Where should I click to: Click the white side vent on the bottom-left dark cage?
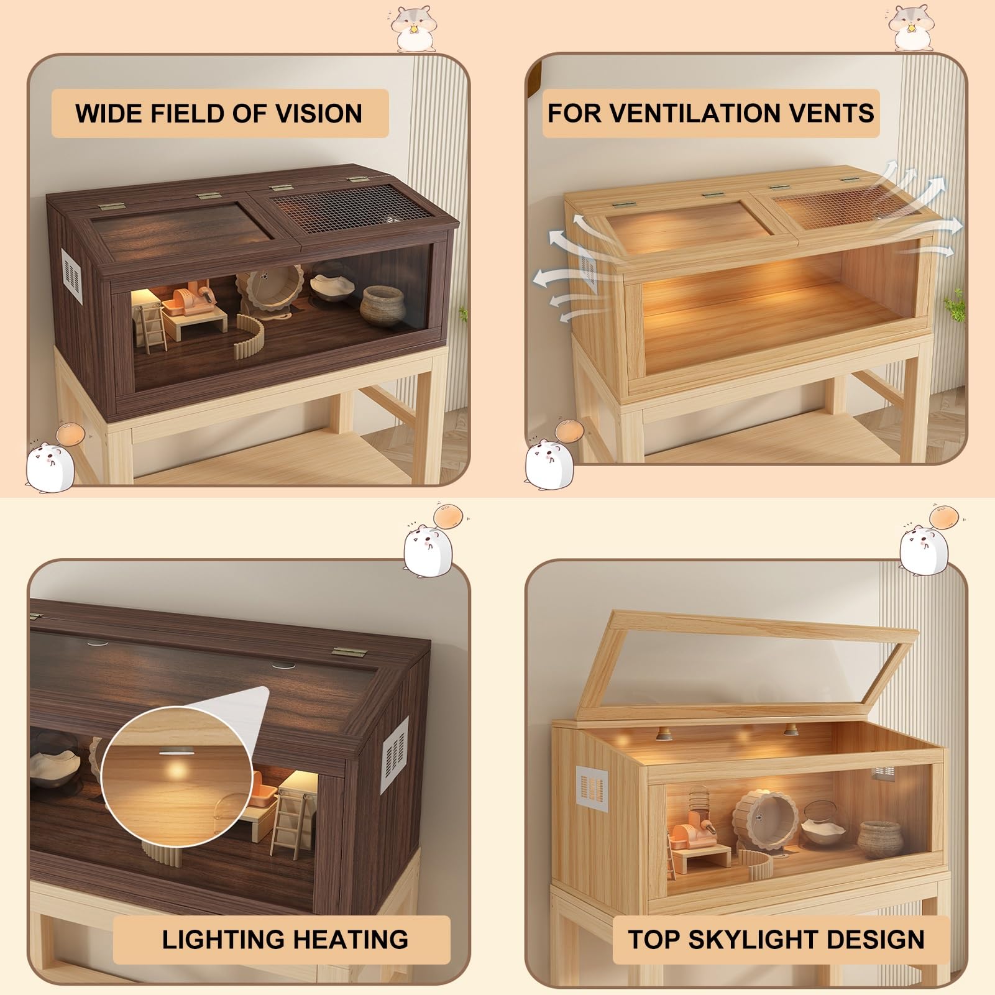394,754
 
